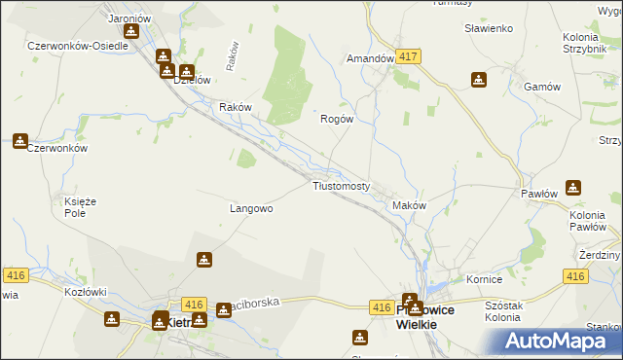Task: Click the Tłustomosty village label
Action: tap(340, 186)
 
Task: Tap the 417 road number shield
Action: tap(408, 57)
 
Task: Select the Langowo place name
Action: tap(250, 208)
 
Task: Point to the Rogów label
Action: tap(336, 119)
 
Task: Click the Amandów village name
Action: tap(371, 58)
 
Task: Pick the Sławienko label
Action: tap(488, 28)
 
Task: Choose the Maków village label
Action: tap(409, 205)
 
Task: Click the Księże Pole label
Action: tap(73, 206)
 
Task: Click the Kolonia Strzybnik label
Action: tap(593, 43)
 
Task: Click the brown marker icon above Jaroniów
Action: tap(131, 30)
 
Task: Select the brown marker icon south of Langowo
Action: tap(204, 260)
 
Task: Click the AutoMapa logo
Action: tap(564, 341)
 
